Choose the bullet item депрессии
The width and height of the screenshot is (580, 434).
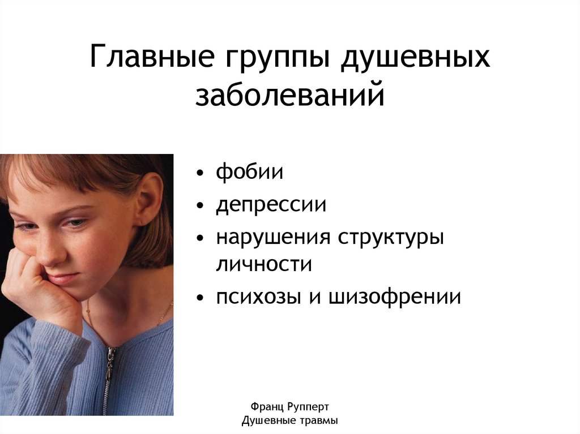pyautogui.click(x=271, y=205)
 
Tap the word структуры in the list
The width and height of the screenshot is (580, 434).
pyautogui.click(x=391, y=238)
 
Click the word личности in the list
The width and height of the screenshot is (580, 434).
pyautogui.click(x=263, y=265)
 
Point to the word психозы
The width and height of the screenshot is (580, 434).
pyautogui.click(x=258, y=297)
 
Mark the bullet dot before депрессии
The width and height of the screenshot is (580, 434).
pyautogui.click(x=201, y=206)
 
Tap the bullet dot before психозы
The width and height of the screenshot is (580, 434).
pyautogui.click(x=201, y=298)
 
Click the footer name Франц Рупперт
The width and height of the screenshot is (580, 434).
pyautogui.click(x=289, y=406)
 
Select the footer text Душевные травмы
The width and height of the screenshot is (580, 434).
pyautogui.click(x=289, y=421)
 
